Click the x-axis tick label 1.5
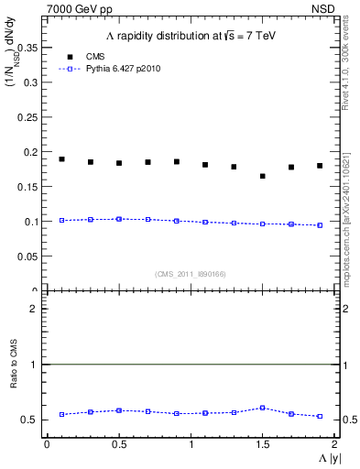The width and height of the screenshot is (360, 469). click(x=262, y=444)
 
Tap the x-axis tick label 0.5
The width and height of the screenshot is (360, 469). click(x=118, y=444)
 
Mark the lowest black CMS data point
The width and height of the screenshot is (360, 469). click(x=263, y=176)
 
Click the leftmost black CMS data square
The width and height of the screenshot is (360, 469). click(x=61, y=159)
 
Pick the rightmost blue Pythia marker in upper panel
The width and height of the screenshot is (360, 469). click(x=320, y=225)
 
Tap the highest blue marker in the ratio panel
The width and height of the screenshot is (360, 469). click(x=263, y=408)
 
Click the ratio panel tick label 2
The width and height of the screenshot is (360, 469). click(x=33, y=309)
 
